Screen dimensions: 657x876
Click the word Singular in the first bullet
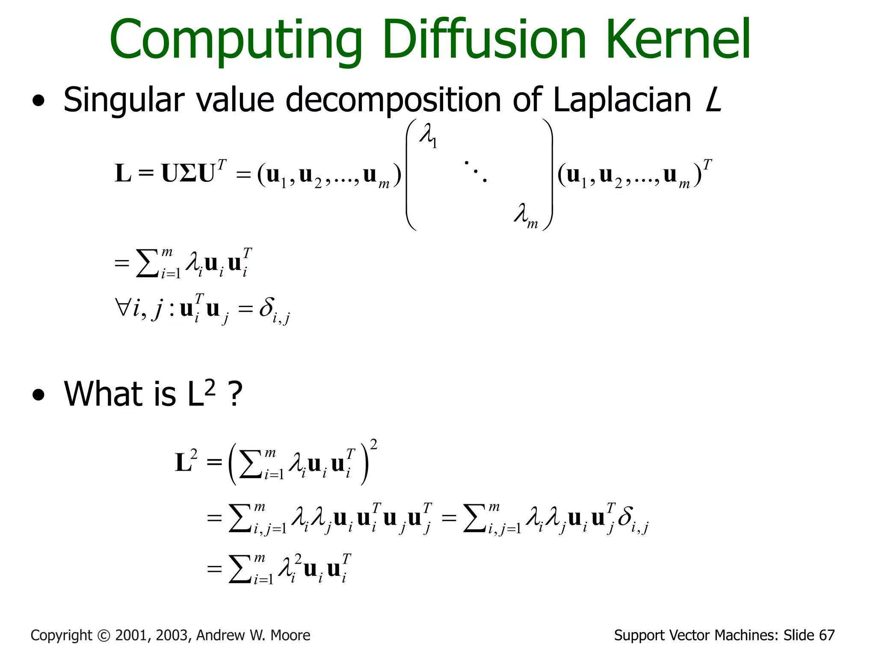(x=124, y=101)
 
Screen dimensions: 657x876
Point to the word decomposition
(x=393, y=101)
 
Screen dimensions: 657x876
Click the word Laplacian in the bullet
(x=622, y=101)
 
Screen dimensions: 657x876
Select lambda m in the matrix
(x=525, y=216)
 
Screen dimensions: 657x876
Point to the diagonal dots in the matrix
(x=475, y=171)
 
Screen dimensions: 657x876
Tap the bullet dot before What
(x=38, y=396)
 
